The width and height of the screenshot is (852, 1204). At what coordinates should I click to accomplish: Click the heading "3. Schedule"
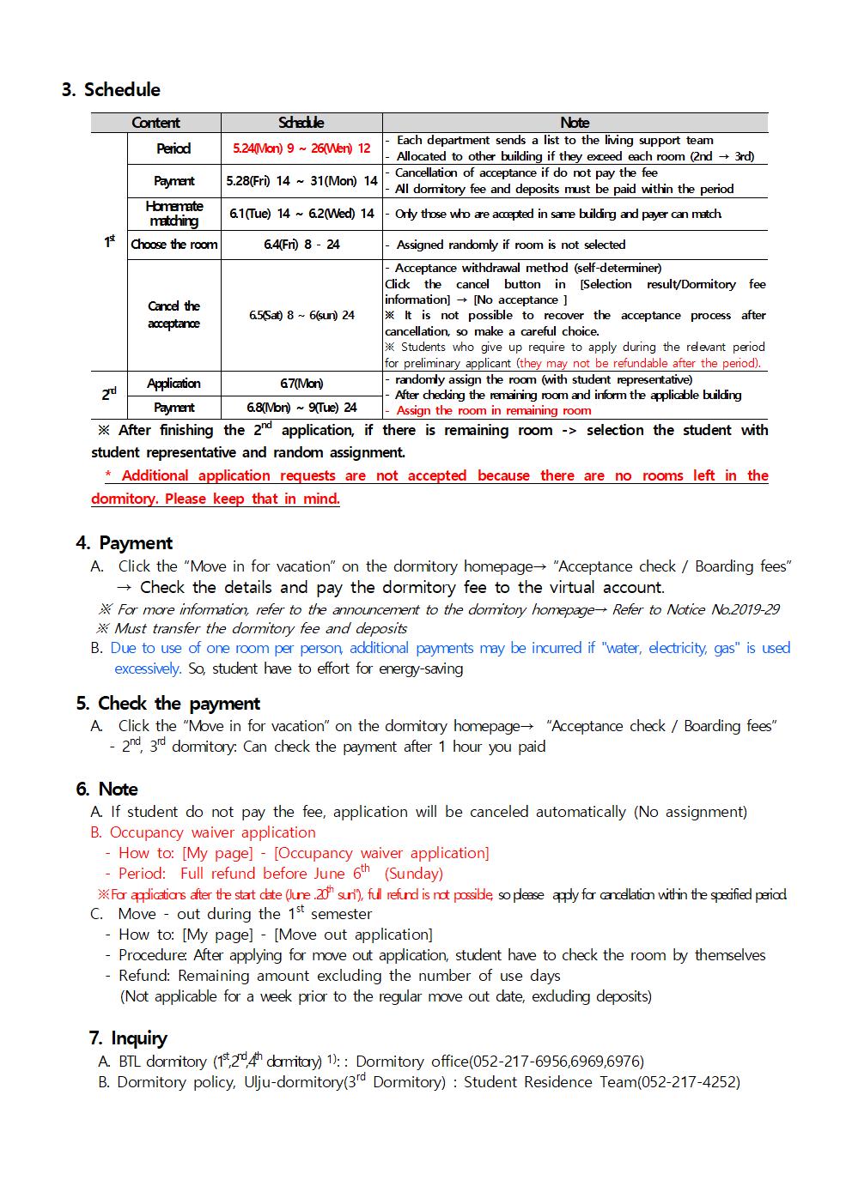coord(111,90)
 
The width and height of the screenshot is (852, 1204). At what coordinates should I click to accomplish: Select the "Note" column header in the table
coord(575,123)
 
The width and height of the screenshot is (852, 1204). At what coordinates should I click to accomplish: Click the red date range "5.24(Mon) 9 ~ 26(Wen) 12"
coord(301,148)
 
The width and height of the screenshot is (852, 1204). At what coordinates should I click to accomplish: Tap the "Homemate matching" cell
coord(173,214)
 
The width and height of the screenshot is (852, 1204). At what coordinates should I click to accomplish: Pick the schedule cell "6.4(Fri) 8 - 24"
coord(301,245)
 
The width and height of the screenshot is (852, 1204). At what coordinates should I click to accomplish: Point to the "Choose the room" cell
coord(173,245)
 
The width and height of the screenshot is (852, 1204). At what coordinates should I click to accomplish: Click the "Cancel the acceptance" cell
coord(173,315)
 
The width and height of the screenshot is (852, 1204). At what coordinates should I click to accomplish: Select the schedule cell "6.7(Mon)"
coord(301,384)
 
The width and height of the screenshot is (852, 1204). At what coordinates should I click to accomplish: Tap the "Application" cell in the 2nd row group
coord(173,384)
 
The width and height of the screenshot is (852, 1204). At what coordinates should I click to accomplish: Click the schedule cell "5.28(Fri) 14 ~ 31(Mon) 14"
coord(301,181)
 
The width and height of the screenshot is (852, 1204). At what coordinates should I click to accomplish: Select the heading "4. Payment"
coord(125,543)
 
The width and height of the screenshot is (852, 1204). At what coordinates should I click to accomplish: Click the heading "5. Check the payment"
coord(168,704)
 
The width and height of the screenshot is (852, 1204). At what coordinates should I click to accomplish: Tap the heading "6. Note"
coord(107,790)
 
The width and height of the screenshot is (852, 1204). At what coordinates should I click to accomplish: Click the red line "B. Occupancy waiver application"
coord(204,832)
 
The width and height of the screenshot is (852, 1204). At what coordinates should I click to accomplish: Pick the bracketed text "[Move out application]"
coord(353,935)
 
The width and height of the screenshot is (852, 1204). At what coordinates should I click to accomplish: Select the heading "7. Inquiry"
coord(128,1038)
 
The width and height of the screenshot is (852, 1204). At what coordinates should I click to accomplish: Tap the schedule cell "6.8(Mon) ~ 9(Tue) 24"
coord(301,408)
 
